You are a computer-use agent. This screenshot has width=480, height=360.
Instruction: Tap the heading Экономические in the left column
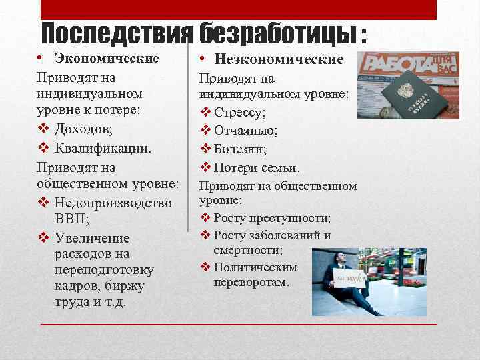[x=107, y=58]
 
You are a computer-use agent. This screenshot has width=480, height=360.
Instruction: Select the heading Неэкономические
[x=279, y=59]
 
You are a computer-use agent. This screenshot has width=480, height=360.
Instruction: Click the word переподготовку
[x=105, y=270]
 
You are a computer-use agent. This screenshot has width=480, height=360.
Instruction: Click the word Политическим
[x=255, y=267]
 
